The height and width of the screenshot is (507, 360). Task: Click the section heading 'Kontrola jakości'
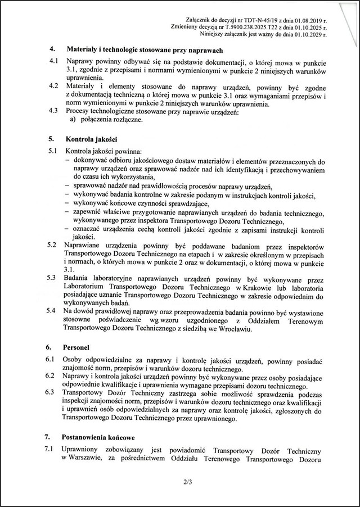point(91,138)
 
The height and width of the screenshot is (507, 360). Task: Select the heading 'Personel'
point(79,347)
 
